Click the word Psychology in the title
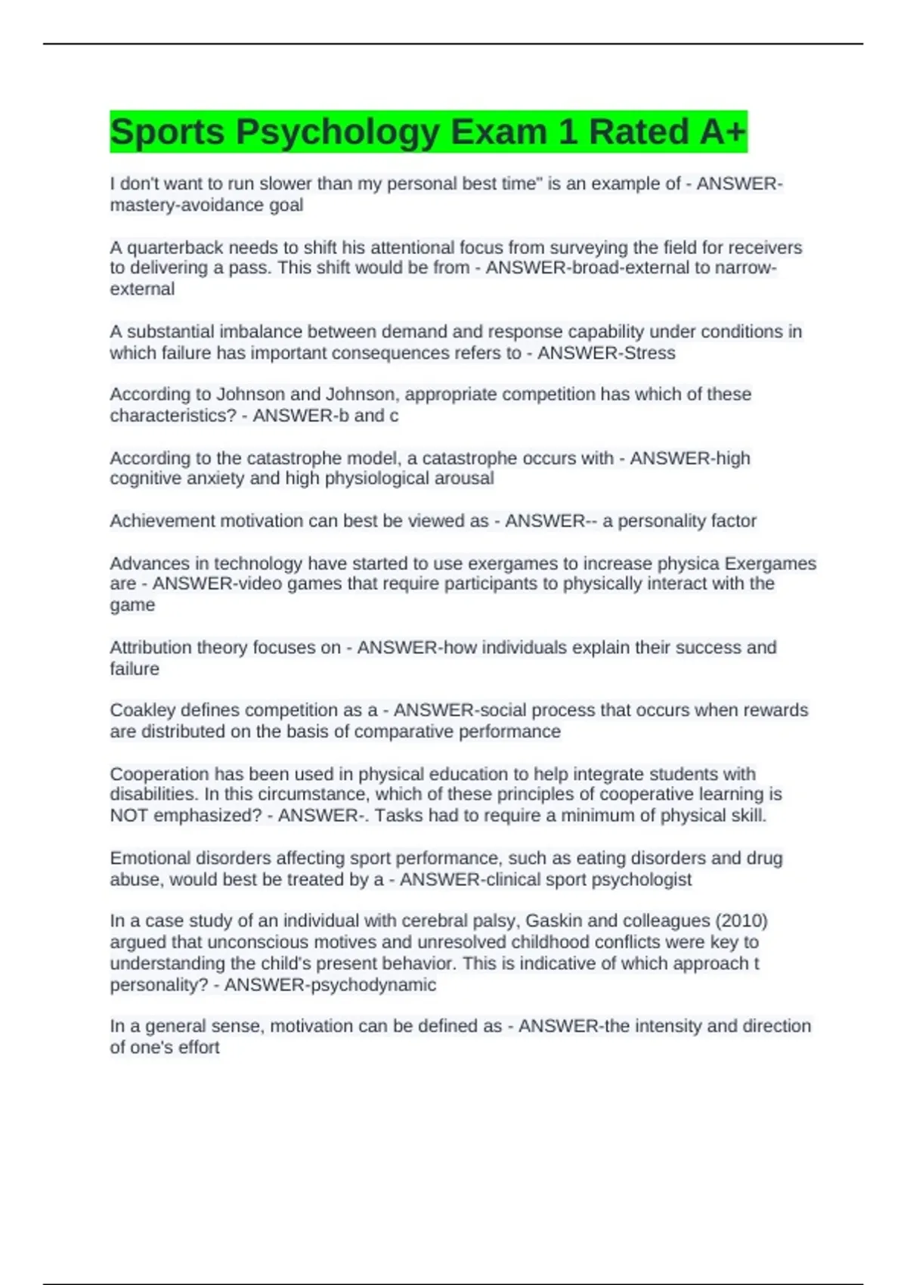(337, 132)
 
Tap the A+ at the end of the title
(723, 132)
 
